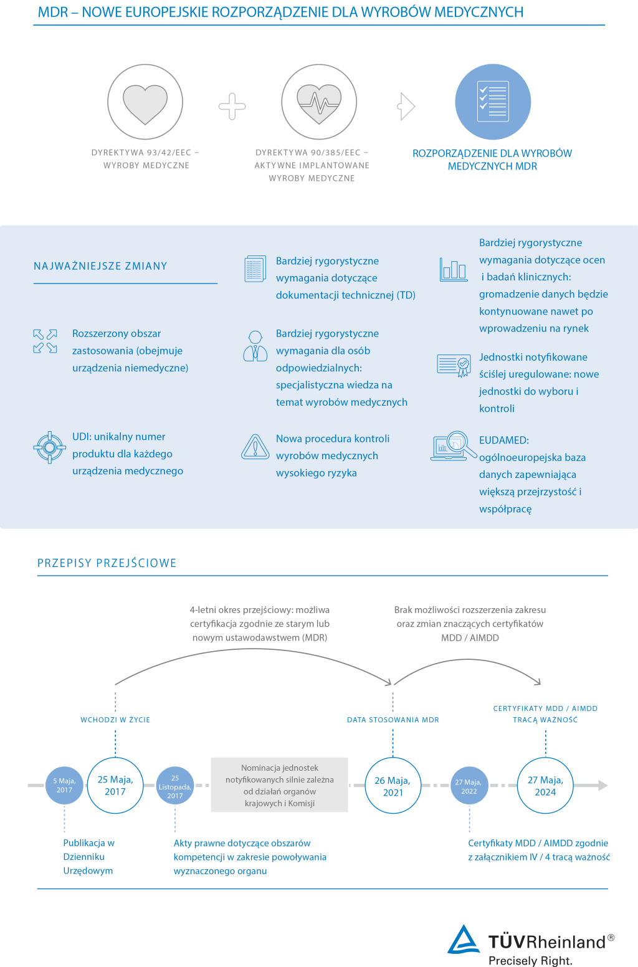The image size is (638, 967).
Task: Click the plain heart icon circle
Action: coord(145,101)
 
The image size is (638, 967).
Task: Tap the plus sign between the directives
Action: coord(232,107)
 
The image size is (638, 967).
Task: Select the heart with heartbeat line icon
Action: coord(319,102)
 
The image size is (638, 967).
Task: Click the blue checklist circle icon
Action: coord(493,102)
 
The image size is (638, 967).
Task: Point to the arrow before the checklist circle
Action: coord(406,107)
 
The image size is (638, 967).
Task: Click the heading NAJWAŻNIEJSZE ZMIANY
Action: coord(100,266)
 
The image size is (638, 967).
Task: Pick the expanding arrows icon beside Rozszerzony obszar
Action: coord(45,341)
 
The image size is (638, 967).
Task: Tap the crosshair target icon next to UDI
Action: coord(49,447)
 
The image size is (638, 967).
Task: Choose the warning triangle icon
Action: coord(255,447)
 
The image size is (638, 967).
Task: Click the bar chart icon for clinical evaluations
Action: coord(453,269)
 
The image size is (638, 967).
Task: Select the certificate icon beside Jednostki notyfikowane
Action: coord(454,365)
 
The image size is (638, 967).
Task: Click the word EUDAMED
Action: coord(504,440)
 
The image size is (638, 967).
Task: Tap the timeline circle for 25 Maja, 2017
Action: coord(115,786)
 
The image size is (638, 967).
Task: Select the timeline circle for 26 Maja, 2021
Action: coord(393,786)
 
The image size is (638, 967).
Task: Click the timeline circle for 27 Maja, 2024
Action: coord(545,786)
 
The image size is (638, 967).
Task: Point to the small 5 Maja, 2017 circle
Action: coord(64,785)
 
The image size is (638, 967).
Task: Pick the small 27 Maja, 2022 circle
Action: coord(469,786)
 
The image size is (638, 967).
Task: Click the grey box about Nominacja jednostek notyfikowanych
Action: coord(279,785)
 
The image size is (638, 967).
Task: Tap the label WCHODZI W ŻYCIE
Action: coord(115,720)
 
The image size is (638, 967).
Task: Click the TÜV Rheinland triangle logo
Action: coord(464,940)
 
